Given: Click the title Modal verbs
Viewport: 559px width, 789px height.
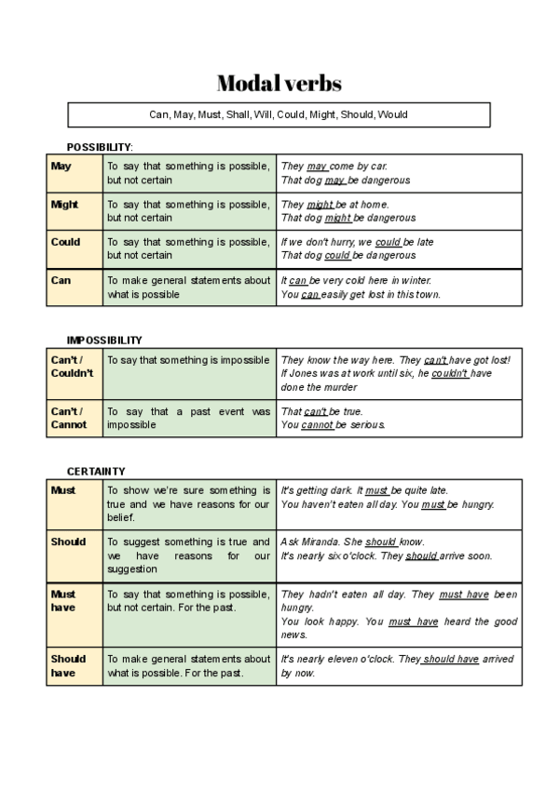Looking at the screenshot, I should tap(279, 84).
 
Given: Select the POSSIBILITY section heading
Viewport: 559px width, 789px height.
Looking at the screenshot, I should tap(100, 147).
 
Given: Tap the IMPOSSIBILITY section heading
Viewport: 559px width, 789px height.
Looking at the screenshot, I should tap(104, 341).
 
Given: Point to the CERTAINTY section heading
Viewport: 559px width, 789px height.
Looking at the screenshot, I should tap(96, 472).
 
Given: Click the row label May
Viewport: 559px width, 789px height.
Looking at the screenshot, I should tap(61, 167).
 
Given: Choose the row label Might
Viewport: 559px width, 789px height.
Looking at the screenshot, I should tap(64, 205).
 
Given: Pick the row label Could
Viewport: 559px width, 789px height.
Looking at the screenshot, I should tap(65, 242).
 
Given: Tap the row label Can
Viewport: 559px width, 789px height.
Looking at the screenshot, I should tap(61, 280).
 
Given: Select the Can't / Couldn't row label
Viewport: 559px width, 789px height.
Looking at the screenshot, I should tap(72, 367).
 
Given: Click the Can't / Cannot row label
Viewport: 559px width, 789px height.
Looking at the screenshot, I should tap(68, 418).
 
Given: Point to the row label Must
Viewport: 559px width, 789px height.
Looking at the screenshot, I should tap(63, 490).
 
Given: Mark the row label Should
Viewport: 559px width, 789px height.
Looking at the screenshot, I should tap(68, 542).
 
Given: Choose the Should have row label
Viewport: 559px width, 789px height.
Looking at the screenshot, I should tap(68, 665).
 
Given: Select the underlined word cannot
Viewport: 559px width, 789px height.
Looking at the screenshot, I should tap(318, 425).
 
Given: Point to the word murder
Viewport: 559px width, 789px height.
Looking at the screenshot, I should tap(339, 387).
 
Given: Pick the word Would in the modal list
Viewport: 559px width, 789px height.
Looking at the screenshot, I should tap(392, 114).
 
